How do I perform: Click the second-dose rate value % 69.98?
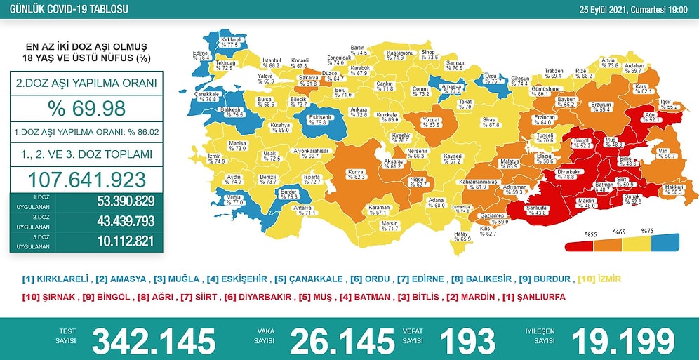86,109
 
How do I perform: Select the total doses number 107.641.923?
86,178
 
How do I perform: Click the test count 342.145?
153,340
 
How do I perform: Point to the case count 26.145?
342,340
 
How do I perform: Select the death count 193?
467,340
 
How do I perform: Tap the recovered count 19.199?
623,340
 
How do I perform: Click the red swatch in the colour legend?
579,246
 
